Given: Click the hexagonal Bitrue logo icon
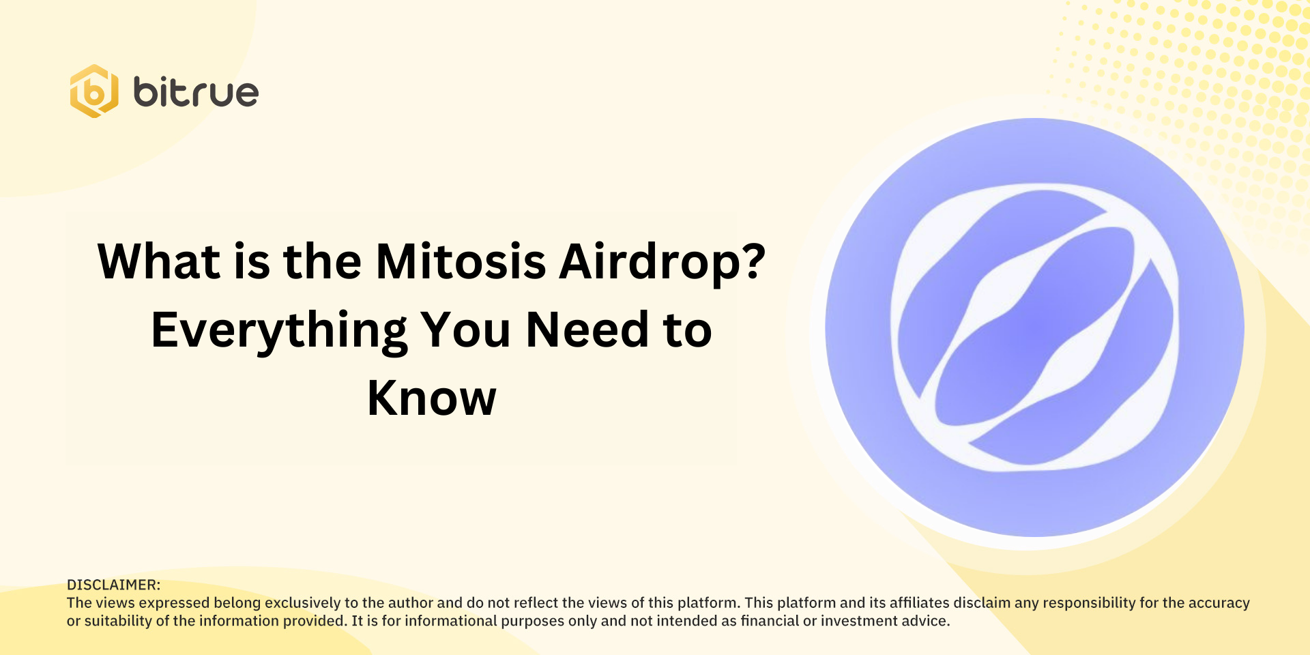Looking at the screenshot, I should click(94, 91).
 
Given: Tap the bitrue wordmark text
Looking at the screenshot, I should click(196, 92).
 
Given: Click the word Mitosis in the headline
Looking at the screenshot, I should click(461, 261).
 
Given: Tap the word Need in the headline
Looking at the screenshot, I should click(587, 330).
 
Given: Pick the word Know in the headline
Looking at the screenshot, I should click(431, 398).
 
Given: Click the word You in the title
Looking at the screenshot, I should click(465, 330).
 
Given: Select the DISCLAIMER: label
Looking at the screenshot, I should click(113, 585).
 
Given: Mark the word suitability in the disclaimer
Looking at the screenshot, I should click(117, 621).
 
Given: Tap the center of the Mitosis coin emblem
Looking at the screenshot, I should click(1034, 327).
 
